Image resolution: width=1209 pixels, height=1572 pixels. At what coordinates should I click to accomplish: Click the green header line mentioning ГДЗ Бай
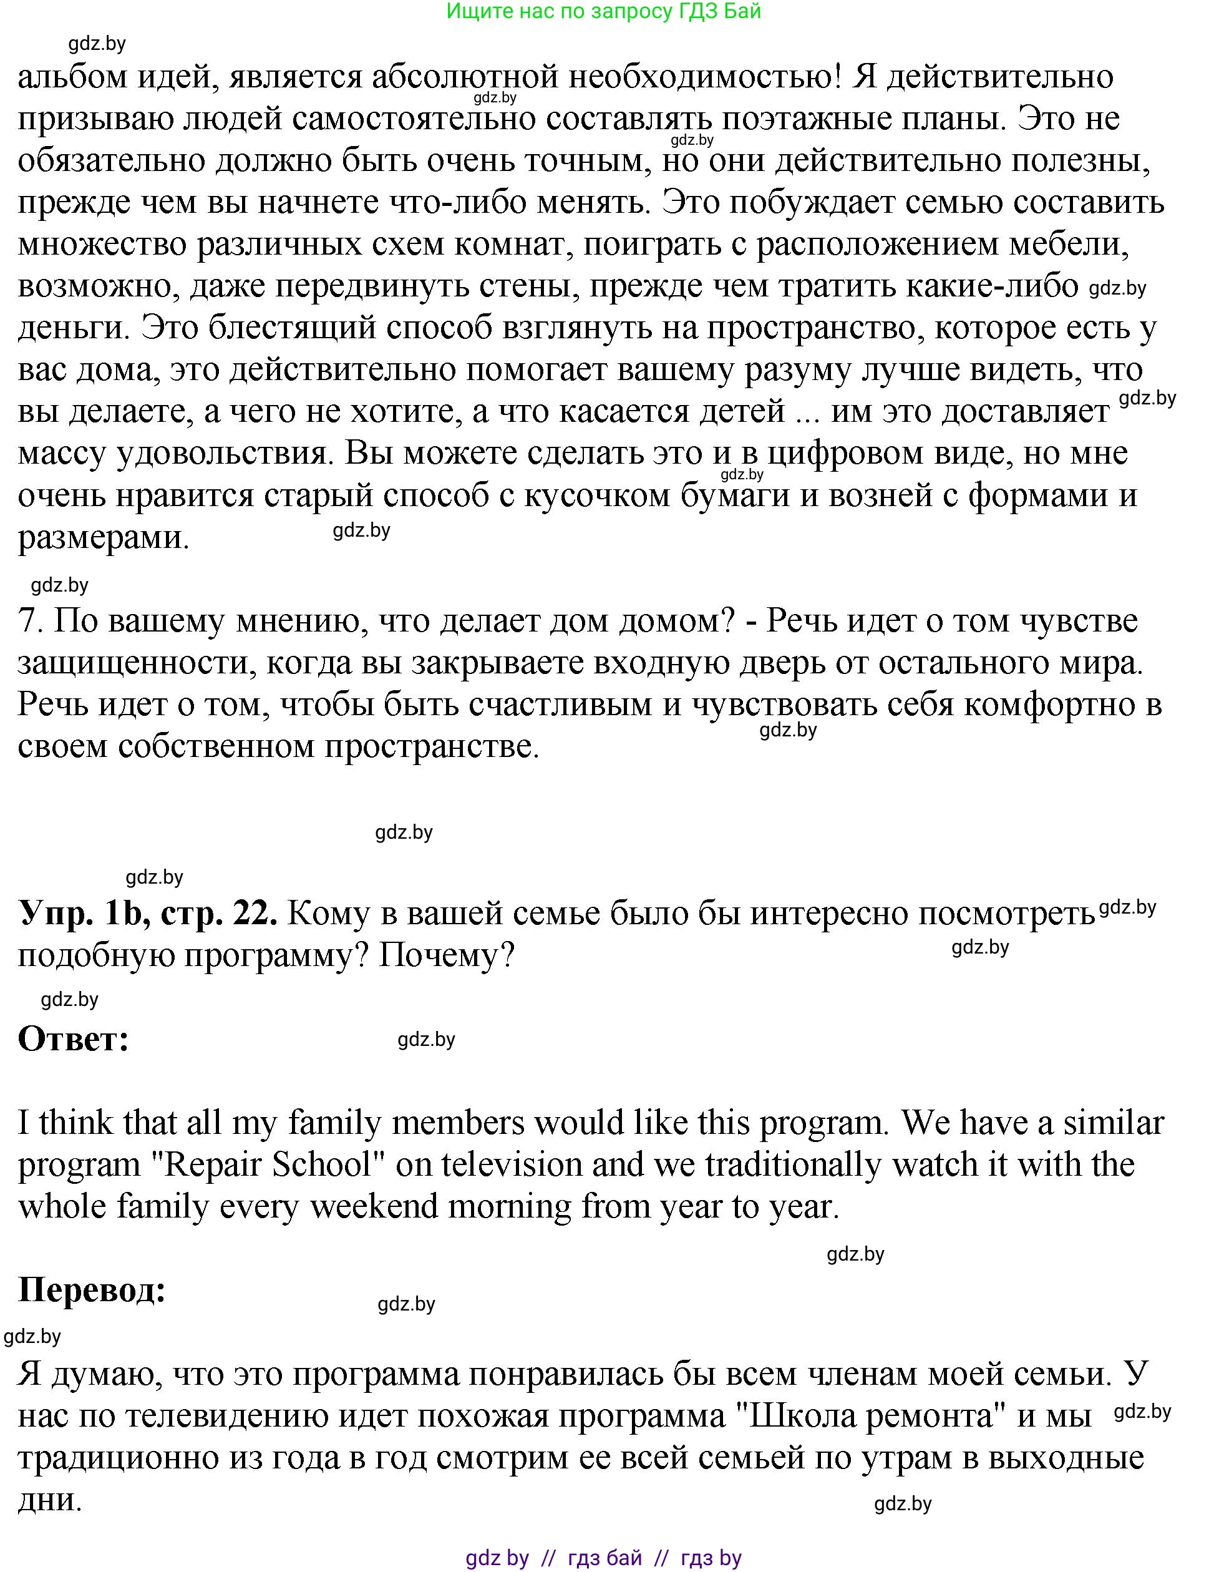click(x=603, y=11)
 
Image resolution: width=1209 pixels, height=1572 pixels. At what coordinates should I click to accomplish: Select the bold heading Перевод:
click(x=92, y=1290)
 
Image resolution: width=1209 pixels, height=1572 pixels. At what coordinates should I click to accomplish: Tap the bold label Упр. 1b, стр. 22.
click(x=147, y=914)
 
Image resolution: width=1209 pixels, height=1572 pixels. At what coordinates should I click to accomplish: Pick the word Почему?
click(x=446, y=956)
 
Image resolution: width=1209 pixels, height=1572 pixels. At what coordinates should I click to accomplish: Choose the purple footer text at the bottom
click(x=603, y=1558)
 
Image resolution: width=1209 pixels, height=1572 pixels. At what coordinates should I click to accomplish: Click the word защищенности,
click(x=136, y=663)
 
